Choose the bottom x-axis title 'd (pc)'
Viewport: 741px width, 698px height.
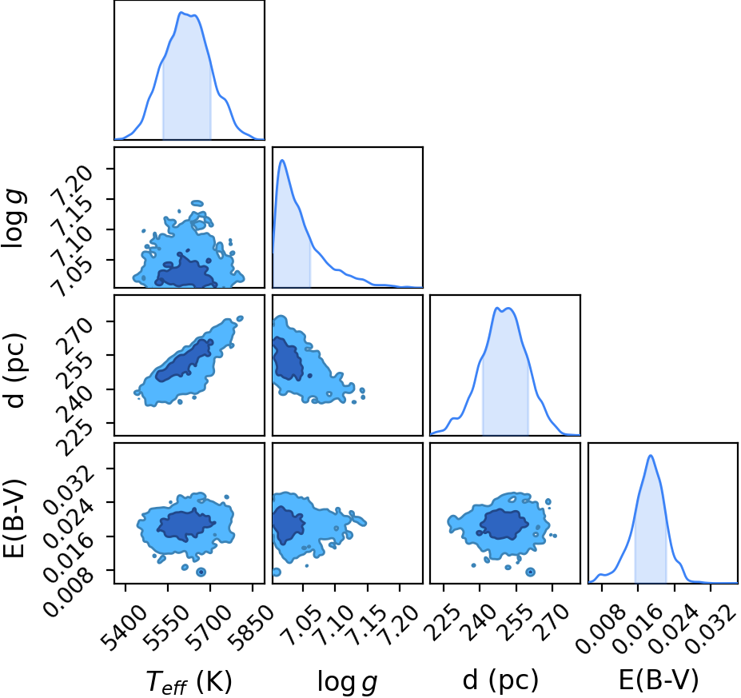pos(500,680)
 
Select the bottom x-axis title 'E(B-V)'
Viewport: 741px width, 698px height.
pos(659,680)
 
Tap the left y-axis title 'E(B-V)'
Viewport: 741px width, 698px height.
pos(14,518)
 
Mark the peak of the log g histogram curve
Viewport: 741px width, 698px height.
pos(282,160)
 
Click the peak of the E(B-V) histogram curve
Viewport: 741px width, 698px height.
pos(651,456)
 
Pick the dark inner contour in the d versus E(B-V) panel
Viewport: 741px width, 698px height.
pos(504,524)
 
